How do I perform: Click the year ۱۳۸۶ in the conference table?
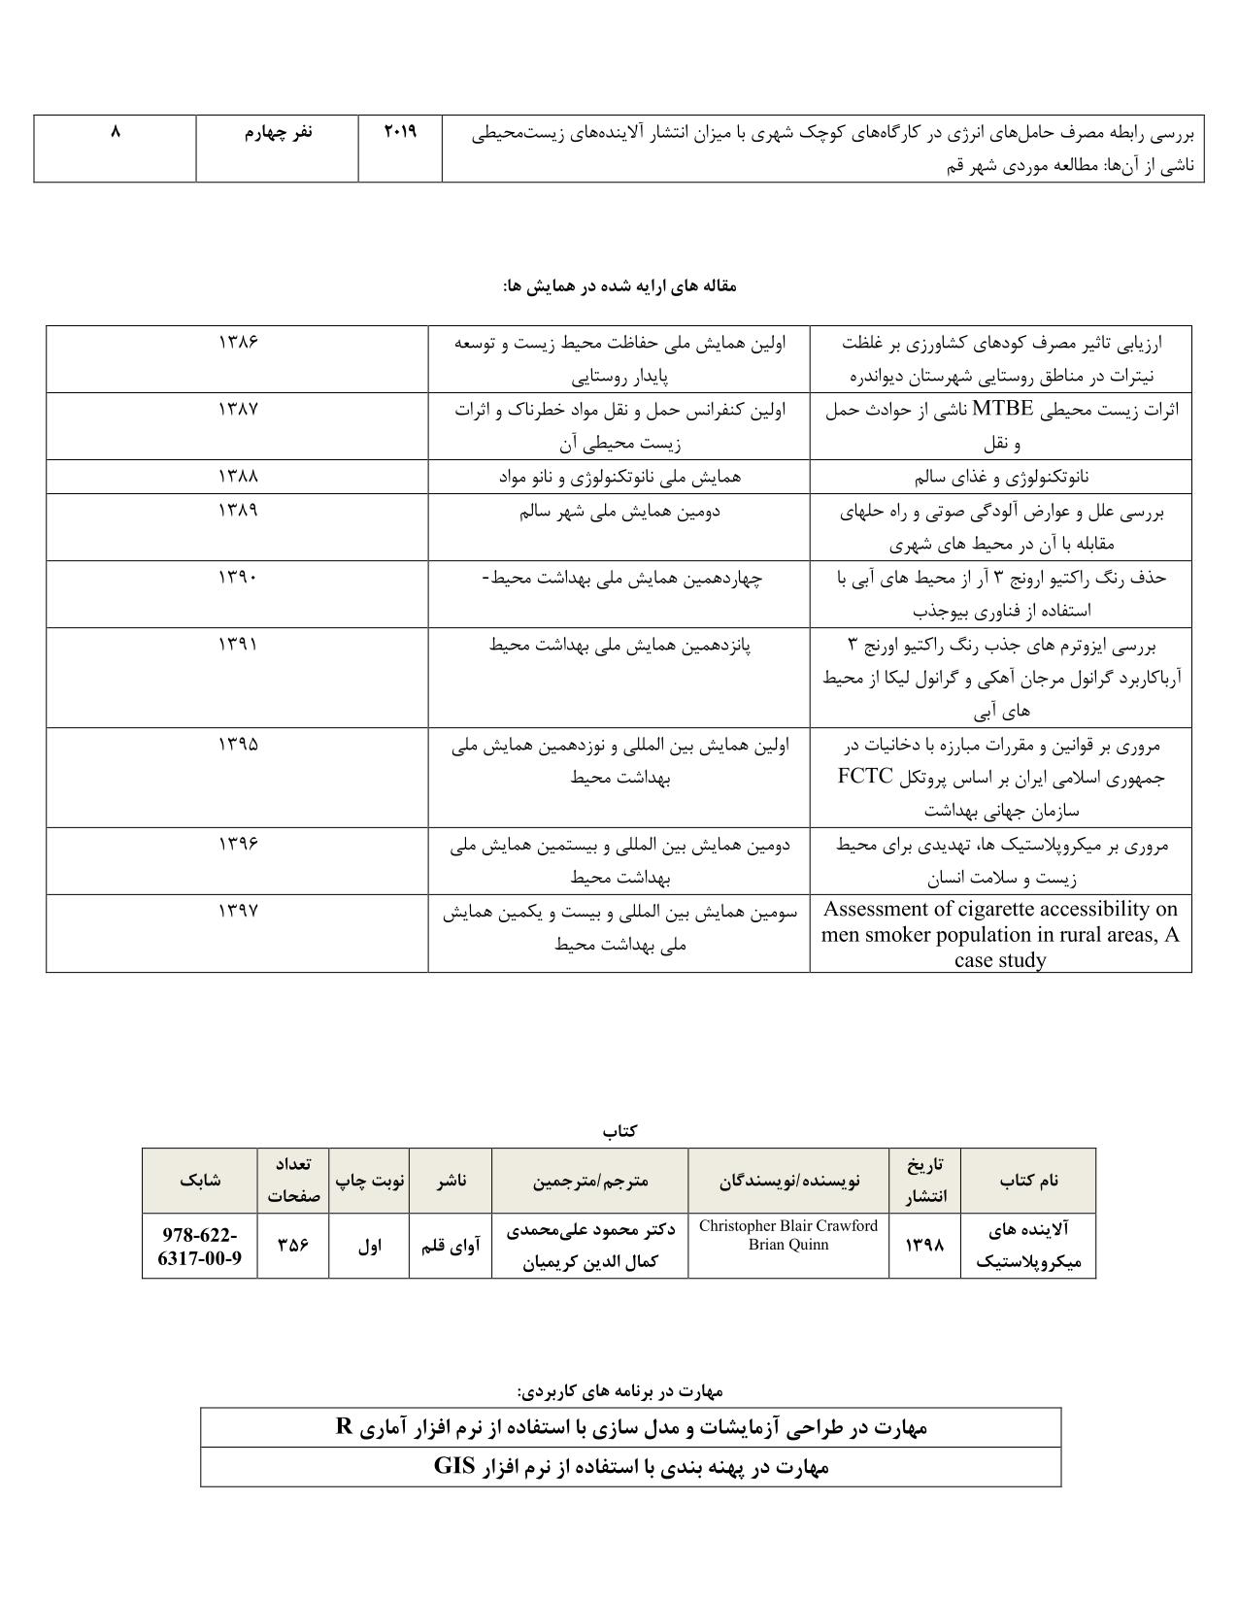point(238,342)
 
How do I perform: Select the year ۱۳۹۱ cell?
point(238,644)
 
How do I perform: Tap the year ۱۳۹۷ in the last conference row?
point(238,911)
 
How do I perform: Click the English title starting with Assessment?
point(1000,934)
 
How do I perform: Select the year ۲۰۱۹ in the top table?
point(400,131)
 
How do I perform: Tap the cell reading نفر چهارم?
point(278,132)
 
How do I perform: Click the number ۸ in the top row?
point(115,131)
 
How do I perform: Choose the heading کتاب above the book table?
point(619,1131)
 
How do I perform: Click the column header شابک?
point(200,1180)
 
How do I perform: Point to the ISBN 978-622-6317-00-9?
point(200,1247)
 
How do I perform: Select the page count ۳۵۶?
point(293,1246)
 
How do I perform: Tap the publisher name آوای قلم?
point(451,1246)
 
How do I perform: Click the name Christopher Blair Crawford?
point(787,1225)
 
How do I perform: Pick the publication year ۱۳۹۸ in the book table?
point(924,1246)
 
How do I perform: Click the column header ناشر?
point(451,1180)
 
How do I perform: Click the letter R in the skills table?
point(342,1426)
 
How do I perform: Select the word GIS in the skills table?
point(452,1466)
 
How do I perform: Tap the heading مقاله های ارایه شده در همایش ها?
point(619,285)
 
